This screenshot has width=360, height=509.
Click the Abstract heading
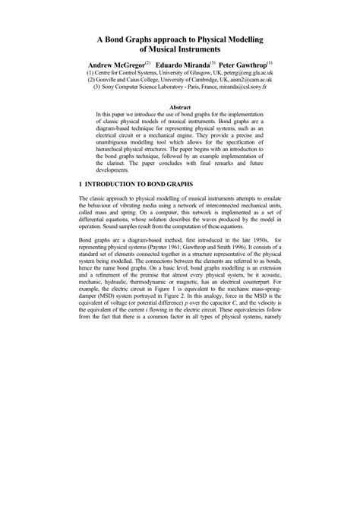click(180, 109)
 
